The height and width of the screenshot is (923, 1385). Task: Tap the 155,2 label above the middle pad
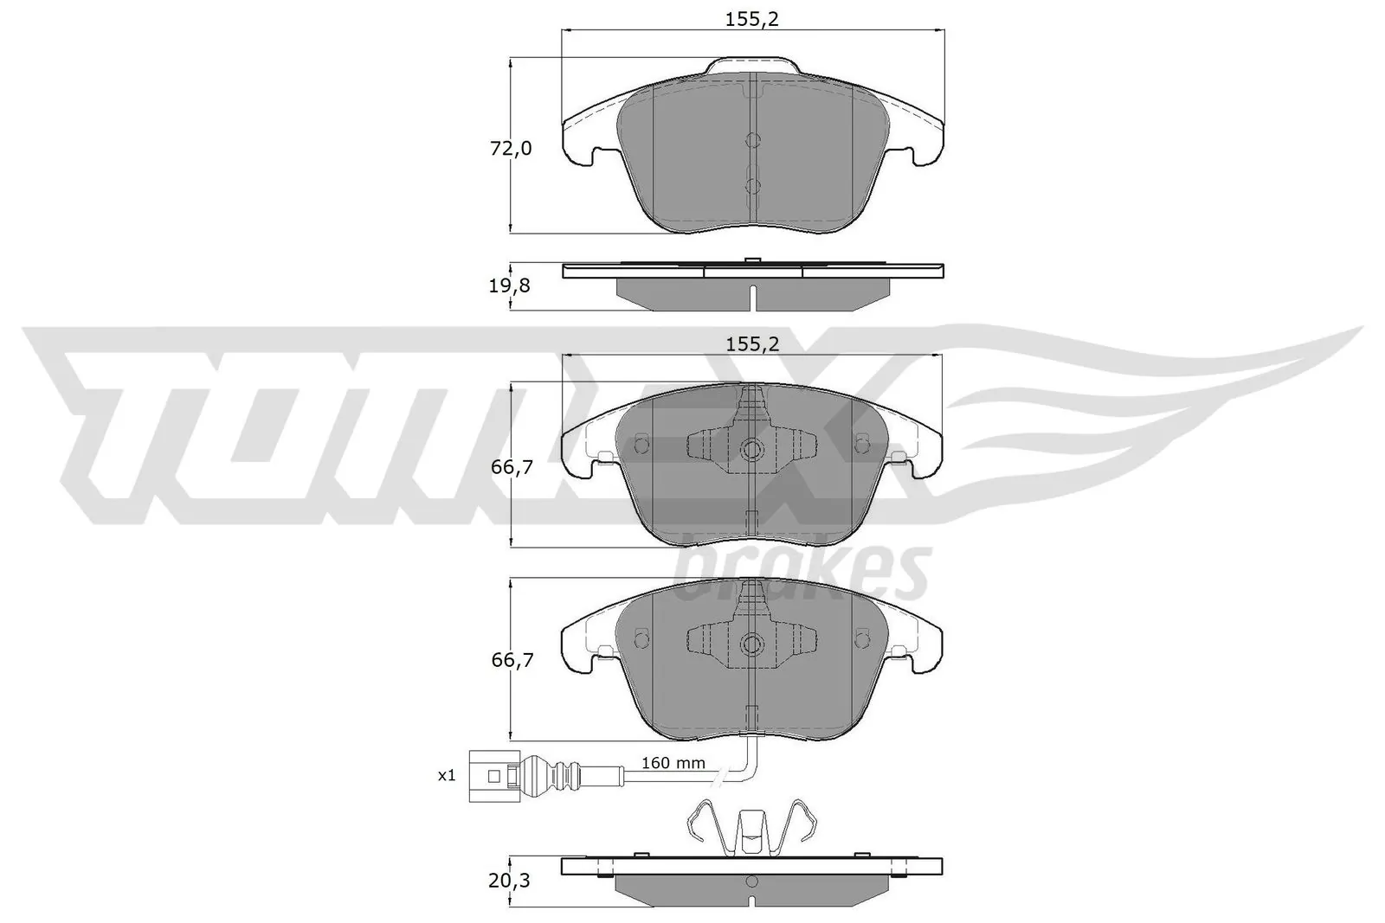(x=752, y=343)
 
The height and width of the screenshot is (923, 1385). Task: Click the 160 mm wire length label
(x=673, y=764)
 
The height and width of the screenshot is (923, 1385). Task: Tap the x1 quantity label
(x=446, y=776)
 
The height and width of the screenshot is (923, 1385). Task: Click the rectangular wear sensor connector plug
(x=492, y=776)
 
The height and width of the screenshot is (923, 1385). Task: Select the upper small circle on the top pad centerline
(x=752, y=140)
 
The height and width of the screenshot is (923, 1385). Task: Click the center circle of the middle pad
(x=752, y=449)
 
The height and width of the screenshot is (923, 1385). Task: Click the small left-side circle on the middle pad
(x=641, y=445)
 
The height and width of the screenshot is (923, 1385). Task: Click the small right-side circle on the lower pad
(x=861, y=638)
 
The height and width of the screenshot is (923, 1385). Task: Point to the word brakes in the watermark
(x=801, y=572)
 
